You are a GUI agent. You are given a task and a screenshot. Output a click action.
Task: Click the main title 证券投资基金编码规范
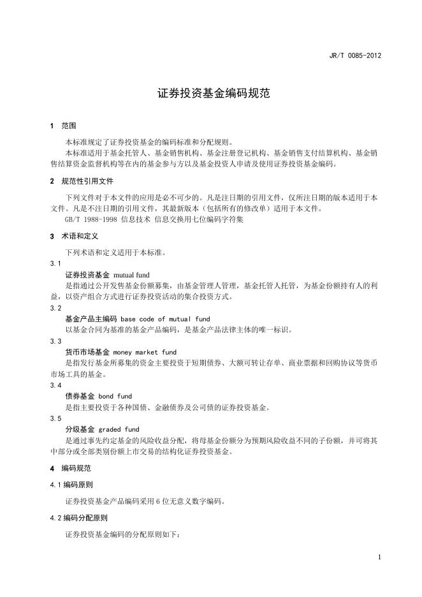(211, 93)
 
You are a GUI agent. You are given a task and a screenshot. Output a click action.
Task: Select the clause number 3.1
(55, 263)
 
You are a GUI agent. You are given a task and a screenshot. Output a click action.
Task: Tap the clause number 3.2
(55, 307)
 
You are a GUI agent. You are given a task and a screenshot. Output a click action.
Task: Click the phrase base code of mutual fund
(165, 318)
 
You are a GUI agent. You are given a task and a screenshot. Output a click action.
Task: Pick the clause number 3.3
(55, 341)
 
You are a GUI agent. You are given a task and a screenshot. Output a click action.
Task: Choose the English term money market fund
(145, 352)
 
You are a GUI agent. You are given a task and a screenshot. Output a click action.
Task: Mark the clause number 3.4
(55, 385)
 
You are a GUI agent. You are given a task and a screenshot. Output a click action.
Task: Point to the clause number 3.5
(55, 418)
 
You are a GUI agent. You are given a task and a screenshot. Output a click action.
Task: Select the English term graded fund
(119, 429)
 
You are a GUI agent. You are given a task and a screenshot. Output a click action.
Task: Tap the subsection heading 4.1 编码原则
(74, 485)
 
